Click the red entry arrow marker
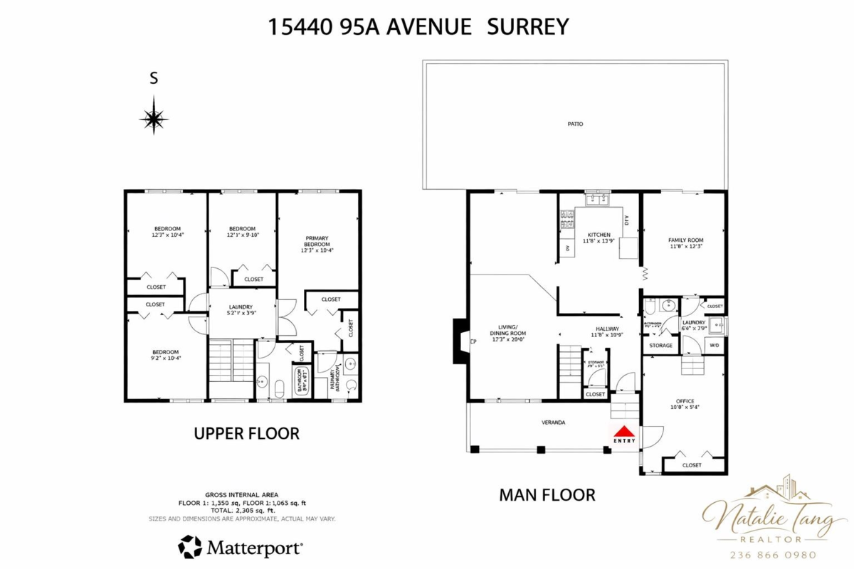click(624, 431)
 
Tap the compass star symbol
click(154, 117)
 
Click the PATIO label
click(575, 124)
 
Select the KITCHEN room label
click(599, 235)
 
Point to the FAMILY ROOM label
click(685, 240)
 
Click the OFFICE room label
click(685, 401)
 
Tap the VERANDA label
click(554, 422)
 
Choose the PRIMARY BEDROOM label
click(317, 240)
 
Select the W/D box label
click(715, 346)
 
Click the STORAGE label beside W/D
click(660, 346)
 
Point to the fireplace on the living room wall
click(460, 341)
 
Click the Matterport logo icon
click(189, 548)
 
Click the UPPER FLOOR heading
click(246, 433)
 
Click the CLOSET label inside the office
click(692, 465)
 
